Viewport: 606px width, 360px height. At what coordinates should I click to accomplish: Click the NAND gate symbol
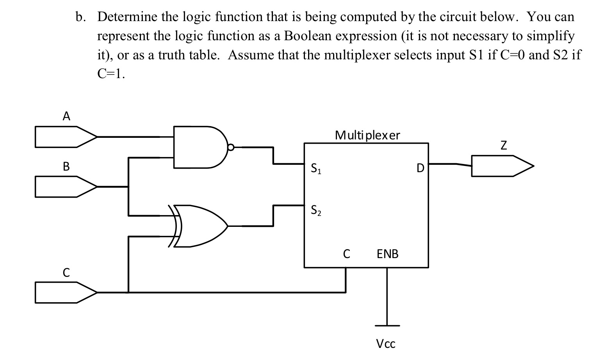(199, 147)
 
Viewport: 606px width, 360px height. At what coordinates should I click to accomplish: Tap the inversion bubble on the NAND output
(231, 148)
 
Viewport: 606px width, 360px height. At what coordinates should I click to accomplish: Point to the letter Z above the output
(504, 146)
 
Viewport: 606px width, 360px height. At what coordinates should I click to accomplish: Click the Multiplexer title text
(367, 135)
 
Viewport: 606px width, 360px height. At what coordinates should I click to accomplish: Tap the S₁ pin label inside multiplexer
(316, 169)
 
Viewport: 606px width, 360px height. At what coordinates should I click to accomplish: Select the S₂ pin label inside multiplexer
(316, 210)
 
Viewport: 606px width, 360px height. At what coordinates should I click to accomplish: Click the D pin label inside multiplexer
(420, 168)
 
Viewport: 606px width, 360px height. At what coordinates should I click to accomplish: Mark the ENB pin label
(387, 254)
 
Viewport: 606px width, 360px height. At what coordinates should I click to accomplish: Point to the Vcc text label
(386, 344)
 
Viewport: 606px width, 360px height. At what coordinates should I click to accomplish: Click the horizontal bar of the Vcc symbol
(387, 325)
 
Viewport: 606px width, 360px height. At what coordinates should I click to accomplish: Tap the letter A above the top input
(67, 116)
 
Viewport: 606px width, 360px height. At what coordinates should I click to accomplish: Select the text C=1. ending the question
(111, 74)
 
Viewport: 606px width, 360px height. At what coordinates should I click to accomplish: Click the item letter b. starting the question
(80, 17)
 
